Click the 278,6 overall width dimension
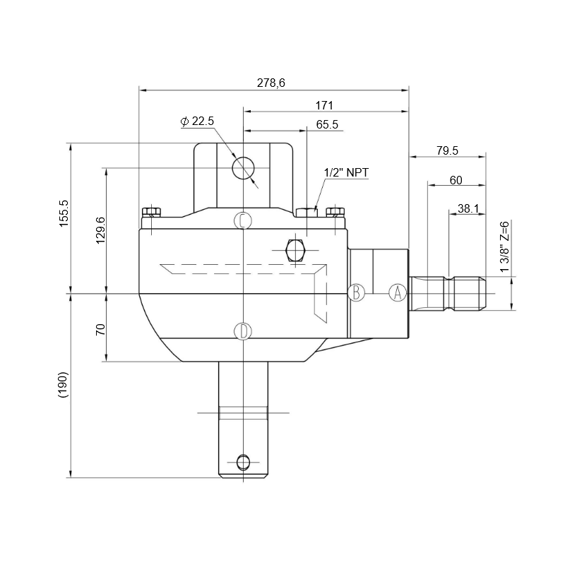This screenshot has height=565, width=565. click(x=271, y=83)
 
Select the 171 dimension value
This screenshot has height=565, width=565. click(x=324, y=105)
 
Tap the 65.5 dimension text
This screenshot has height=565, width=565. click(x=327, y=124)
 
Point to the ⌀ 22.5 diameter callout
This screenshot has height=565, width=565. click(x=198, y=121)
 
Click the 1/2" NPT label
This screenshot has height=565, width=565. click(x=347, y=172)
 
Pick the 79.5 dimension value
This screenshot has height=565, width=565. click(x=447, y=150)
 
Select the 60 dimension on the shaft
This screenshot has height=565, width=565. click(x=456, y=180)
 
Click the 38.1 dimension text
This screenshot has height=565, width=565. click(x=468, y=208)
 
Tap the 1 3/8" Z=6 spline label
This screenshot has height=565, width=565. click(x=505, y=247)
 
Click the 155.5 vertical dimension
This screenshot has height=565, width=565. click(x=64, y=213)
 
